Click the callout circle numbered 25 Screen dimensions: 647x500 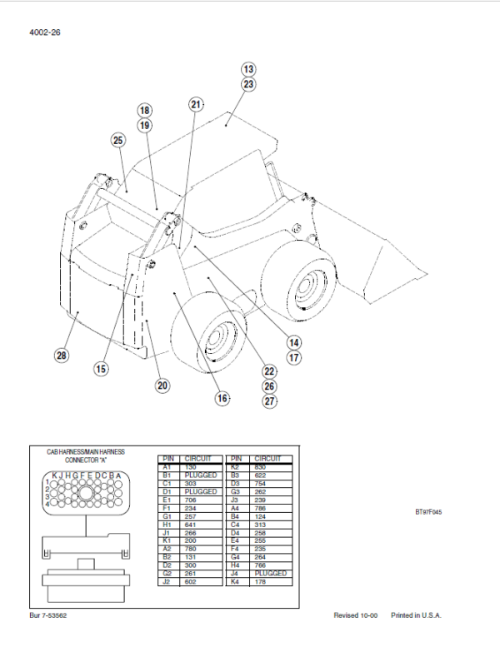(117, 140)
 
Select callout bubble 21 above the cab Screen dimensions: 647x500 (196, 105)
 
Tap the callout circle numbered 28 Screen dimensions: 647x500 (61, 356)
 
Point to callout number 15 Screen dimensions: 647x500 (100, 369)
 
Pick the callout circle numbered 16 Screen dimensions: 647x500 (222, 399)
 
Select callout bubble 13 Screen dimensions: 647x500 (248, 69)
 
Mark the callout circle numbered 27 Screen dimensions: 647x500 (269, 401)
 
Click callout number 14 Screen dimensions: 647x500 (294, 342)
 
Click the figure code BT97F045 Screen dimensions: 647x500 (427, 512)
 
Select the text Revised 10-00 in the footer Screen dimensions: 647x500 (356, 615)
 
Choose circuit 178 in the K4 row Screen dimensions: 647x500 (263, 581)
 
